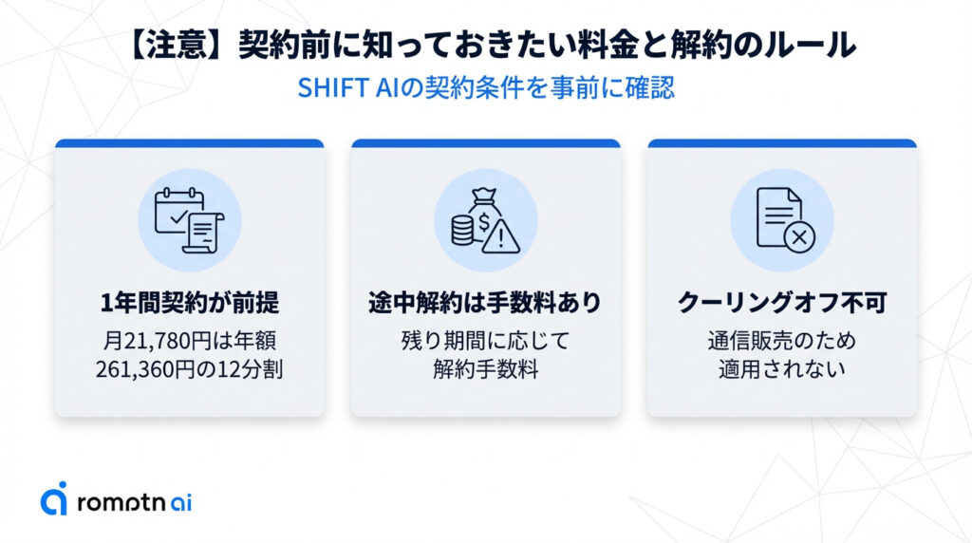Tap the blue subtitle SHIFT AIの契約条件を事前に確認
click(486, 88)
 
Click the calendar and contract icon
click(190, 219)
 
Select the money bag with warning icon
click(485, 219)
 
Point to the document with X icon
click(781, 219)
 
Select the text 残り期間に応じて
click(485, 339)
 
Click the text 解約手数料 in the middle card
click(485, 369)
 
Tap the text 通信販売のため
click(781, 339)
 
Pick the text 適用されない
click(781, 369)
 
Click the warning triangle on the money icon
click(499, 235)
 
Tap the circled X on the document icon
click(798, 236)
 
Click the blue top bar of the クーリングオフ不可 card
click(781, 143)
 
